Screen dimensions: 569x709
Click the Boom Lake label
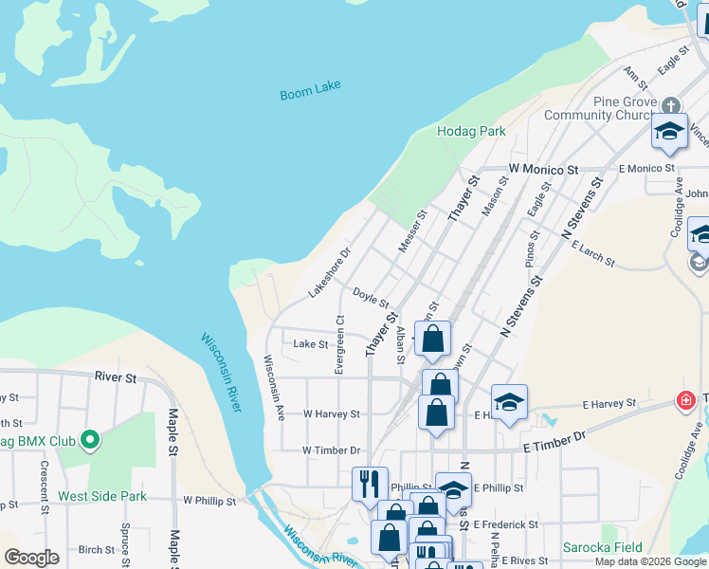[310, 94]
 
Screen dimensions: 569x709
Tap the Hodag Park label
[471, 131]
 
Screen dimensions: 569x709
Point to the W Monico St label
[543, 169]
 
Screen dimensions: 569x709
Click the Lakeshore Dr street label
[330, 273]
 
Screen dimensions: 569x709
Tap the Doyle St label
[372, 297]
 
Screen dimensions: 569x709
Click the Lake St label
[310, 344]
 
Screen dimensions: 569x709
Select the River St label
[116, 377]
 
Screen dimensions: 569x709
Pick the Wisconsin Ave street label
[274, 387]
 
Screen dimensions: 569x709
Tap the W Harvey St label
[331, 414]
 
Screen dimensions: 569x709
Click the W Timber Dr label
[331, 450]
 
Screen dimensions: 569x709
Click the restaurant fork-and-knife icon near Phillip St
[368, 482]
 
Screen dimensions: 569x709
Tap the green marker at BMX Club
[90, 440]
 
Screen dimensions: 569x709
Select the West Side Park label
[102, 496]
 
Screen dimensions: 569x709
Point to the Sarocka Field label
[602, 547]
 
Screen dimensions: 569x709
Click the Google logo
[31, 558]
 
